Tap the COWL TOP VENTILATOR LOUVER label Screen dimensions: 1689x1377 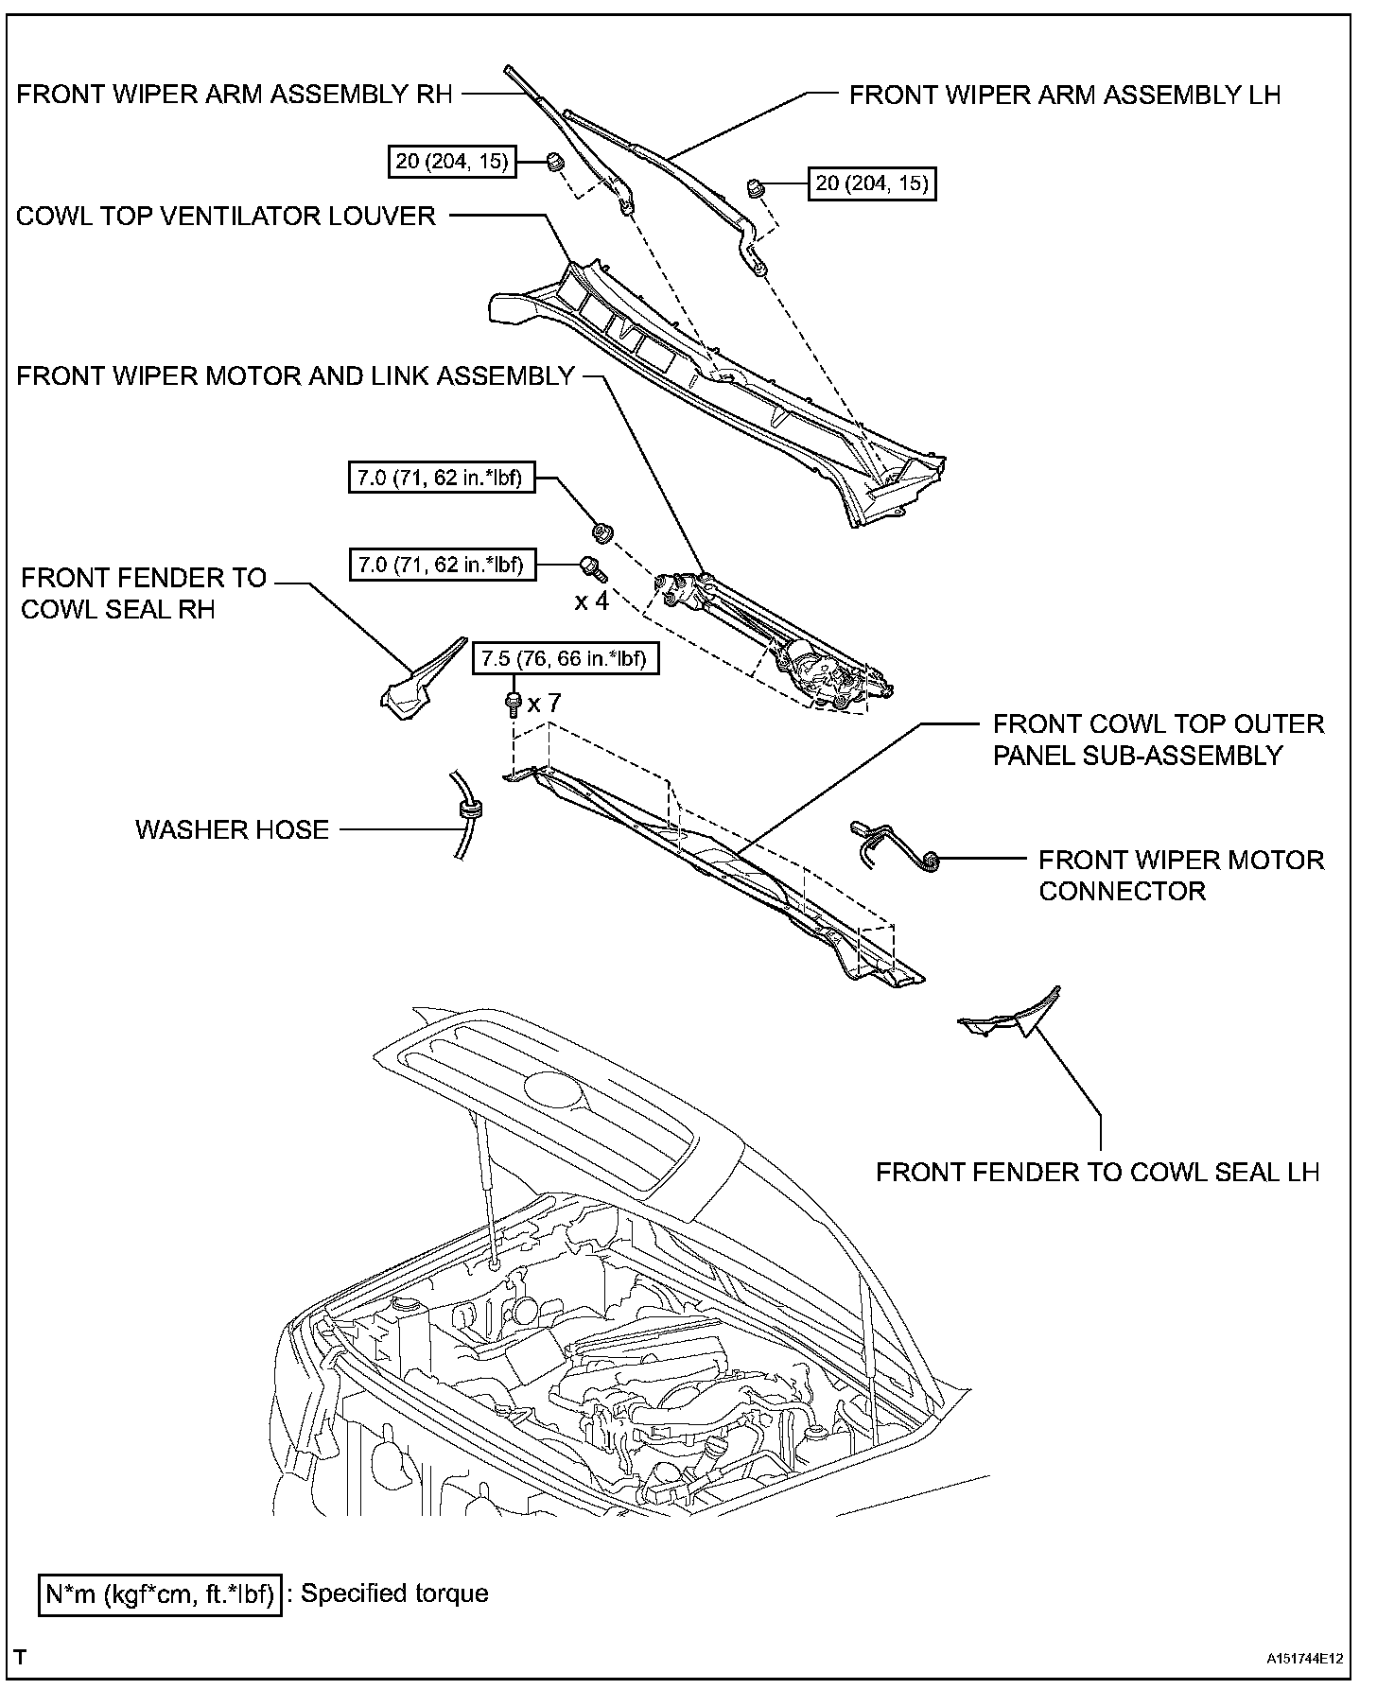[x=226, y=216]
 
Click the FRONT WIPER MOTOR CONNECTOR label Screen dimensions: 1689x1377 [x=1181, y=875]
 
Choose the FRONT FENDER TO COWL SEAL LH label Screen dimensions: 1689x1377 [x=1097, y=1172]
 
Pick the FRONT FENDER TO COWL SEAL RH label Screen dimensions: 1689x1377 [x=144, y=593]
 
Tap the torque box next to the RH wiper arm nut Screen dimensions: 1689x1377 [x=452, y=162]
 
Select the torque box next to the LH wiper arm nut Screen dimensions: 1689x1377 [x=872, y=183]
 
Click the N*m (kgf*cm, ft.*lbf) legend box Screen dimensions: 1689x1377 [x=160, y=1593]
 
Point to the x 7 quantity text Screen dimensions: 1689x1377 [x=545, y=703]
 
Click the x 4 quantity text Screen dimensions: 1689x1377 [x=592, y=601]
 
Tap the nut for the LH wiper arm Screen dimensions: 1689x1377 [x=756, y=186]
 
